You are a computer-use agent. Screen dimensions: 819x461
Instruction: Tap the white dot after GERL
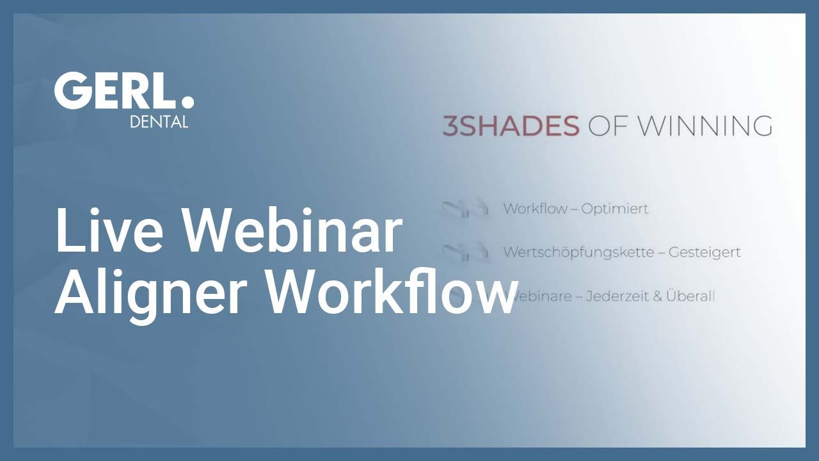click(x=187, y=102)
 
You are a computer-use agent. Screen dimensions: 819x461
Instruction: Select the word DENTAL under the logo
click(x=159, y=122)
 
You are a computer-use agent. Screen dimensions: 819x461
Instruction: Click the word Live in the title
click(x=109, y=230)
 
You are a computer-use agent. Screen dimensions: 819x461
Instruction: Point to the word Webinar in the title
click(x=291, y=230)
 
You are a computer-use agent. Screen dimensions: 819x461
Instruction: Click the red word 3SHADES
click(x=511, y=126)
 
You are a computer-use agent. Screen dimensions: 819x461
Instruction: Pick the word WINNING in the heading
click(x=705, y=126)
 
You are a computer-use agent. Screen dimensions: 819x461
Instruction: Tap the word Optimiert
click(x=615, y=209)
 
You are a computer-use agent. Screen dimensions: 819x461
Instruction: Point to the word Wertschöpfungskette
click(x=578, y=252)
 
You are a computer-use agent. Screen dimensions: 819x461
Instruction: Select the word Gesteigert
click(x=704, y=252)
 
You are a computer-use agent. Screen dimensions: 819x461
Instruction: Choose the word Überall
click(x=690, y=295)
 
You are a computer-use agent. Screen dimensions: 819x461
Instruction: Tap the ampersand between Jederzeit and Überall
click(x=657, y=296)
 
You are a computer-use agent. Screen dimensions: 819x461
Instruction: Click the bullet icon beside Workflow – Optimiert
click(x=465, y=209)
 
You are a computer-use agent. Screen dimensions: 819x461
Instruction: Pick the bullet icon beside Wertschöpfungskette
click(x=465, y=252)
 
